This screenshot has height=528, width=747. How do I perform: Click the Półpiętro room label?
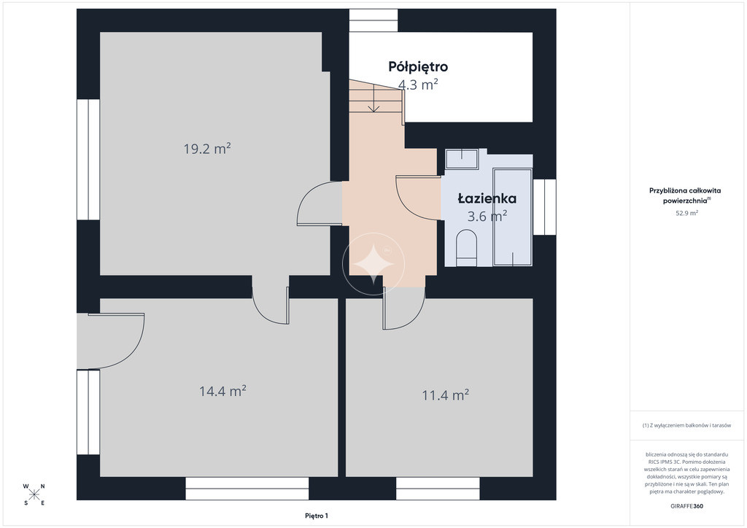418,66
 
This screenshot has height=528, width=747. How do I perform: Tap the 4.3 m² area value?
418,85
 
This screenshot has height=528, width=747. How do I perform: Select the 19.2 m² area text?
207,149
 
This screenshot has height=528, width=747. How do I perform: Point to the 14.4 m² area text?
222,392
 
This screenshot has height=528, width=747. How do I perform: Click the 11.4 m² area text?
446,395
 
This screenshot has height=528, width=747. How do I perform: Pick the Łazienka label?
487,198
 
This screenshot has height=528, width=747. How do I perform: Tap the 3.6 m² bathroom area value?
487,217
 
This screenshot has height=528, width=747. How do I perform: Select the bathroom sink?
462,158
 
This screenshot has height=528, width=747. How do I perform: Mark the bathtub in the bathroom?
513,217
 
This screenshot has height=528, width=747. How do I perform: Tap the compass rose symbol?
34,494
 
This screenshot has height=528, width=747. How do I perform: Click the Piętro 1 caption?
317,516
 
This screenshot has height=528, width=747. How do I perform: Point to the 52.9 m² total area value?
686,213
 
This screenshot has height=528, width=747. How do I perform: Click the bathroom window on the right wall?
544,207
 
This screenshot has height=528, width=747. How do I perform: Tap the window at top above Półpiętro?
373,20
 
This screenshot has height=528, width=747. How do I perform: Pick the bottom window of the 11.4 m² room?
438,489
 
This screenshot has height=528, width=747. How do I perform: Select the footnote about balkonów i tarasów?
686,425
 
